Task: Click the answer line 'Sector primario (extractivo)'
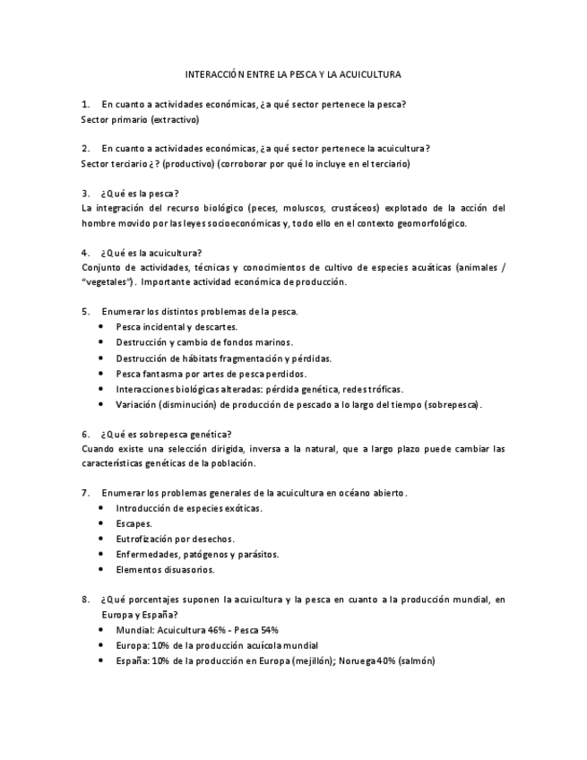[x=140, y=119]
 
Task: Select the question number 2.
[x=85, y=148]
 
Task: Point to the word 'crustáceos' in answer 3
[x=357, y=208]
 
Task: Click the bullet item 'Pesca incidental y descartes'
[x=177, y=327]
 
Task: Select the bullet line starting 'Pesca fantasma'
[x=211, y=373]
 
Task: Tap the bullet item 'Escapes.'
[x=134, y=523]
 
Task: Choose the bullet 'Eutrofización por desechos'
[x=176, y=539]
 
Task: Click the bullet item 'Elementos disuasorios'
[x=165, y=569]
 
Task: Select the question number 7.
[x=85, y=493]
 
